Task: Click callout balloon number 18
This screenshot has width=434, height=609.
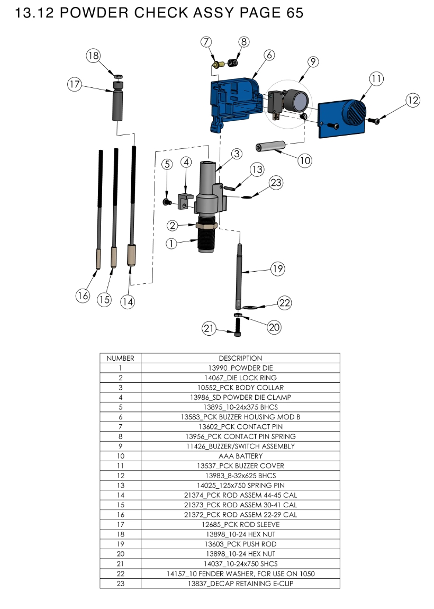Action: pos(94,56)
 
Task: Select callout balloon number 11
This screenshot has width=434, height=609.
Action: pos(376,79)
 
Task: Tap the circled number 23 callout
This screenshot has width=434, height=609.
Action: pos(276,183)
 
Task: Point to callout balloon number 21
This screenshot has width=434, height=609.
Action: pos(209,329)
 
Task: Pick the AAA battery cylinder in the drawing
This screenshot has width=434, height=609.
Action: pos(270,146)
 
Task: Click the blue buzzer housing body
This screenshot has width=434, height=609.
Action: pos(233,101)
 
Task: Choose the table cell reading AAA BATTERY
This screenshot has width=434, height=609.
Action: pos(240,456)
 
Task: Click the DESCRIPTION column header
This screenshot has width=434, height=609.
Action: pos(240,358)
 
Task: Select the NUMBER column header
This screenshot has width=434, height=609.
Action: pos(120,358)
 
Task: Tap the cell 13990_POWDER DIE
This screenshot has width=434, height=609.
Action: pos(240,368)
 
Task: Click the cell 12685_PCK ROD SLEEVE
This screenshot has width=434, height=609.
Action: pos(240,524)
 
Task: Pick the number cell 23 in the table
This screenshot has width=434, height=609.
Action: pos(120,583)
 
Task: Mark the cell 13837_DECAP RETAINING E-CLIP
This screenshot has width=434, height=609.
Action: pos(240,583)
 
